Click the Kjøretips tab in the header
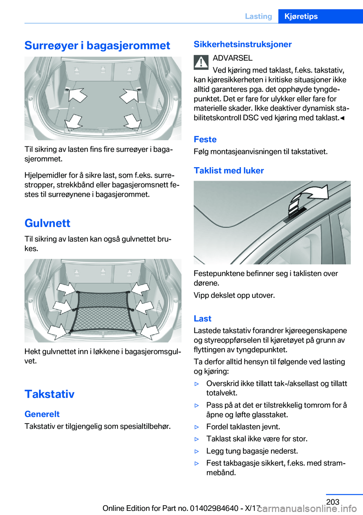[x=301, y=16]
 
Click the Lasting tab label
[x=258, y=16]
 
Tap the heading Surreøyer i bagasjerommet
[x=97, y=45]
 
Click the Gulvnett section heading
[x=47, y=223]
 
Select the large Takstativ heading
[x=50, y=394]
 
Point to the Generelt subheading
[x=42, y=414]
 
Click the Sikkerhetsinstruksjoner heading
[x=242, y=44]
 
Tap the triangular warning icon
[x=201, y=62]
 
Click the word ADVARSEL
[x=233, y=58]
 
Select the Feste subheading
[x=205, y=140]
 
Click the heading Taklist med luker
[x=229, y=171]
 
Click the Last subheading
[x=202, y=319]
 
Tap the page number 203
[x=333, y=502]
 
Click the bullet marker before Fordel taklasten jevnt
[x=197, y=427]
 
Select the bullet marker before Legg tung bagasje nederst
[x=197, y=451]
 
